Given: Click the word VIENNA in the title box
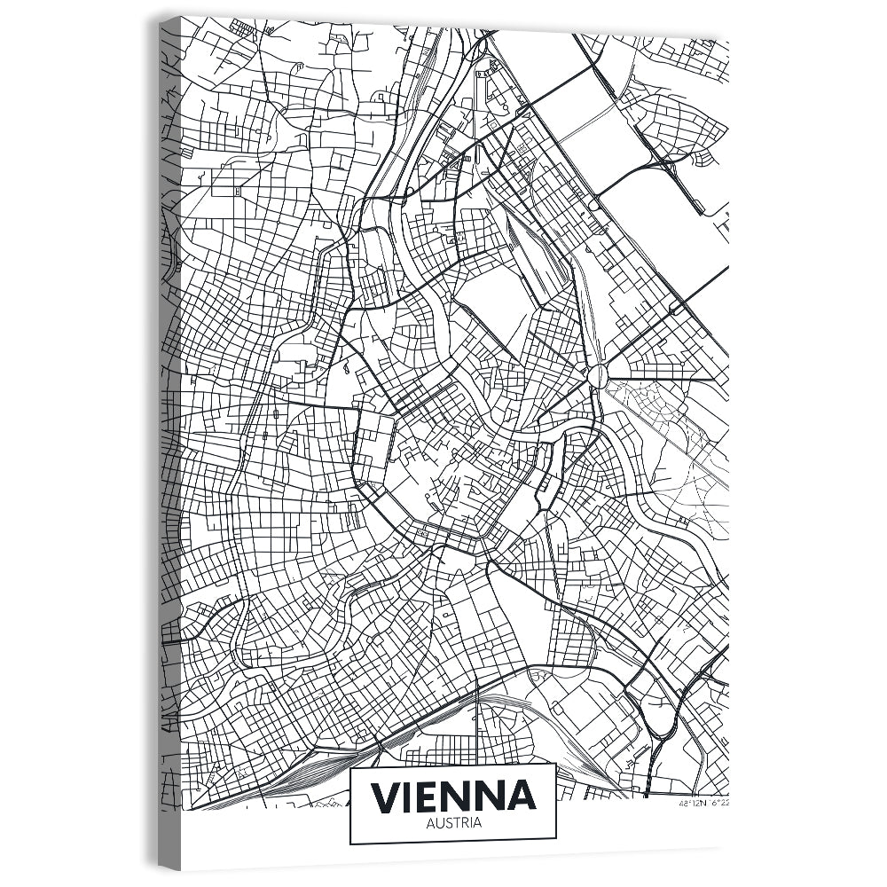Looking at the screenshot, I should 453,796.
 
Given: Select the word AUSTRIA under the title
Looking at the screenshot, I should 453,823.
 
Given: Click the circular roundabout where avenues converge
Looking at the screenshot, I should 598,375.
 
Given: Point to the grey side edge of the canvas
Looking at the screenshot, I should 169,443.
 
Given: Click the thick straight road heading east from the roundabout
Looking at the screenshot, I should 665,379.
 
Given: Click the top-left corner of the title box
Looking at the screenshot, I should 351,765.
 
